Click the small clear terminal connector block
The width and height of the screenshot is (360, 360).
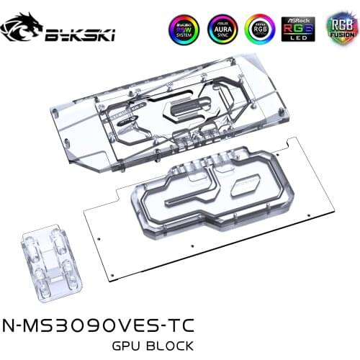click(49, 258)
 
